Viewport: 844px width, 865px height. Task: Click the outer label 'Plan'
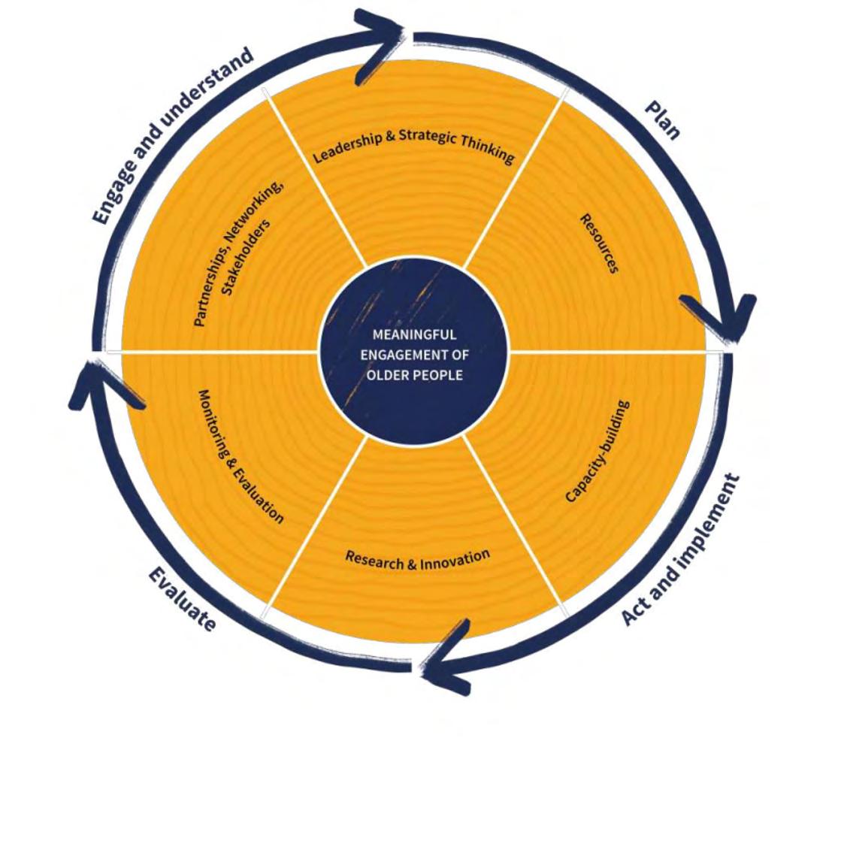pos(662,119)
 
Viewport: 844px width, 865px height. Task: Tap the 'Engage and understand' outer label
pos(172,136)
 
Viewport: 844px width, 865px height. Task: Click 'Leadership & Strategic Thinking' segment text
pos(414,144)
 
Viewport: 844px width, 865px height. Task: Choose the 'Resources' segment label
pos(599,243)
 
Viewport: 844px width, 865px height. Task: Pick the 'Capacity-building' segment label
pos(597,451)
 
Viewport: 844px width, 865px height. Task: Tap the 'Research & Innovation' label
pos(417,559)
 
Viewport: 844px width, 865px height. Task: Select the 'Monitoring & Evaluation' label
pos(240,455)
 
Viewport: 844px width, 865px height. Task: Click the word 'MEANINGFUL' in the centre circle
pos(414,335)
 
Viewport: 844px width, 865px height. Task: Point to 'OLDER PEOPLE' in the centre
pos(414,374)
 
